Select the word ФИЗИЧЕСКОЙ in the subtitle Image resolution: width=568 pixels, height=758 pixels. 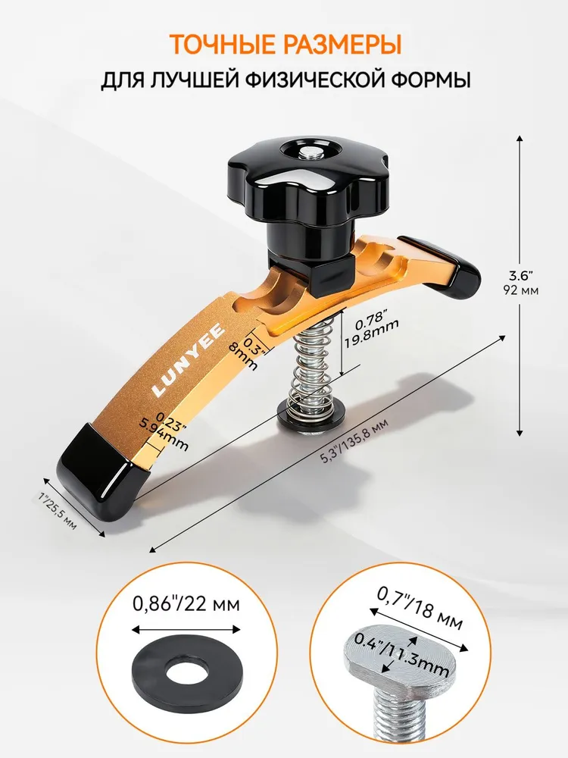click(298, 80)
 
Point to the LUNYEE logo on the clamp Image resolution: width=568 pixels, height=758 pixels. click(189, 359)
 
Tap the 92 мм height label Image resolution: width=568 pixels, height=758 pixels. click(521, 291)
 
